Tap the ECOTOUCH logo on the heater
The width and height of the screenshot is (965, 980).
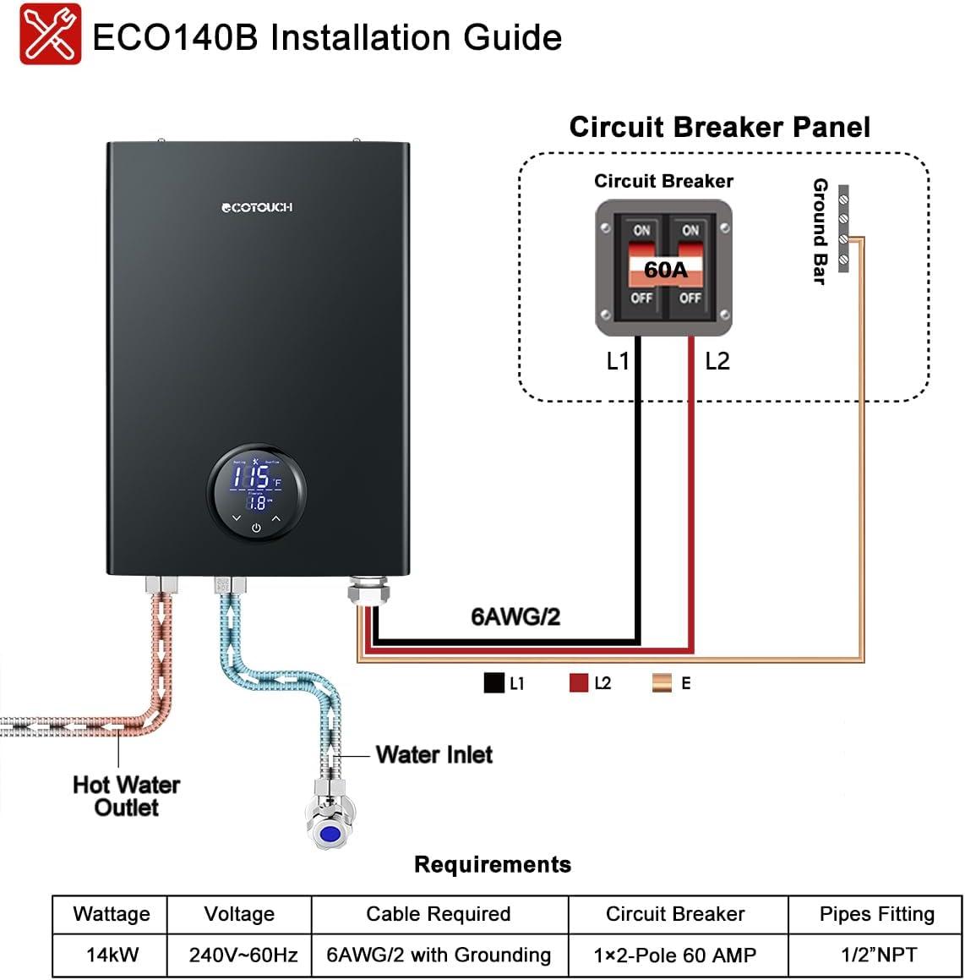(x=257, y=207)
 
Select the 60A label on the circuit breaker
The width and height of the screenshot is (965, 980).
(x=665, y=270)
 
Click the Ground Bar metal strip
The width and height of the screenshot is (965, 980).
(x=842, y=228)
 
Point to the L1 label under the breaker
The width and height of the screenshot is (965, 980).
(x=618, y=361)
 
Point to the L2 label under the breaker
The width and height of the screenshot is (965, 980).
(x=717, y=361)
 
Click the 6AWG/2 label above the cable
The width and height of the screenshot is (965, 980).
(x=515, y=616)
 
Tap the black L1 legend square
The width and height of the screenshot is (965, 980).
(x=493, y=683)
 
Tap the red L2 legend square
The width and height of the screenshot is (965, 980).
(x=579, y=683)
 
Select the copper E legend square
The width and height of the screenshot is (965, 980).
(x=662, y=683)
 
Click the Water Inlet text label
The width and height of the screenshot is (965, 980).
(x=433, y=754)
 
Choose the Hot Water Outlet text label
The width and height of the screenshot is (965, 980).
(x=126, y=796)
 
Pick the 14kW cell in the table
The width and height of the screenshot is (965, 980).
(x=112, y=955)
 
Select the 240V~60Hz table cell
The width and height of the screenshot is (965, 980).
(x=243, y=955)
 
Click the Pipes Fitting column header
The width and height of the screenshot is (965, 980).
(x=876, y=914)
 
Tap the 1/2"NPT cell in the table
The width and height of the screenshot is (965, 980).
(x=876, y=955)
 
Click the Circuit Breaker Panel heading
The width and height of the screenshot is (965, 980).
(x=719, y=127)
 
